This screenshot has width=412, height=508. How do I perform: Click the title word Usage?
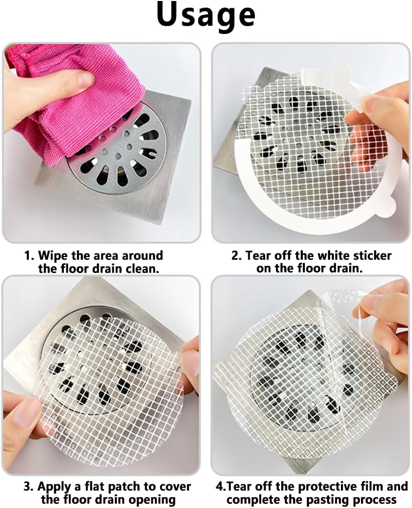206,15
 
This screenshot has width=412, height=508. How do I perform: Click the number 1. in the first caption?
30,256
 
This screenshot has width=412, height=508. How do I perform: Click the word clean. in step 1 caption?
145,268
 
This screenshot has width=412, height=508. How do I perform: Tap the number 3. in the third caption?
29,487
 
